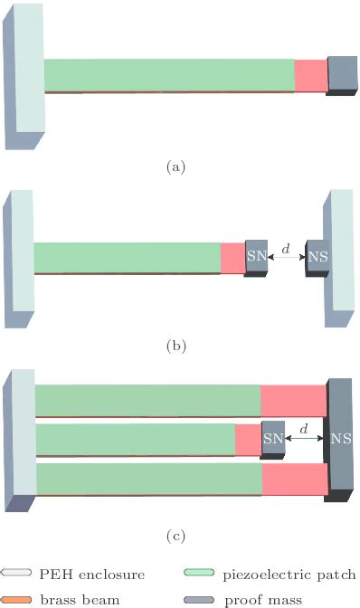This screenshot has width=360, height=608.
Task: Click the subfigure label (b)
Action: [x=176, y=345]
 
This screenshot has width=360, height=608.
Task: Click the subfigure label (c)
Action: [x=176, y=536]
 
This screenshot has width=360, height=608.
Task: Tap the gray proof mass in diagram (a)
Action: [x=342, y=73]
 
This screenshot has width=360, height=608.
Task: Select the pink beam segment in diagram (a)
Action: [x=310, y=75]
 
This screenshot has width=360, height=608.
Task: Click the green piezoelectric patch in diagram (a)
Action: [x=168, y=75]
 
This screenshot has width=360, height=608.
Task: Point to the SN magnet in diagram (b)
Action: [x=257, y=256]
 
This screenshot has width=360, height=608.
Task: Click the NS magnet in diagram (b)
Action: [x=317, y=257]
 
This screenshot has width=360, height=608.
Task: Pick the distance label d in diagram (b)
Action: [x=287, y=248]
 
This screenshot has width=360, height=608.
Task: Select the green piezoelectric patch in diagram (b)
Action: [x=127, y=258]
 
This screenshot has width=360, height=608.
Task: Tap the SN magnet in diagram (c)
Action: [x=272, y=439]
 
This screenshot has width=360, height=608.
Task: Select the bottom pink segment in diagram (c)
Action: [x=294, y=480]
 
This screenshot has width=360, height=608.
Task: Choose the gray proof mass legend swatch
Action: [x=198, y=598]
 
